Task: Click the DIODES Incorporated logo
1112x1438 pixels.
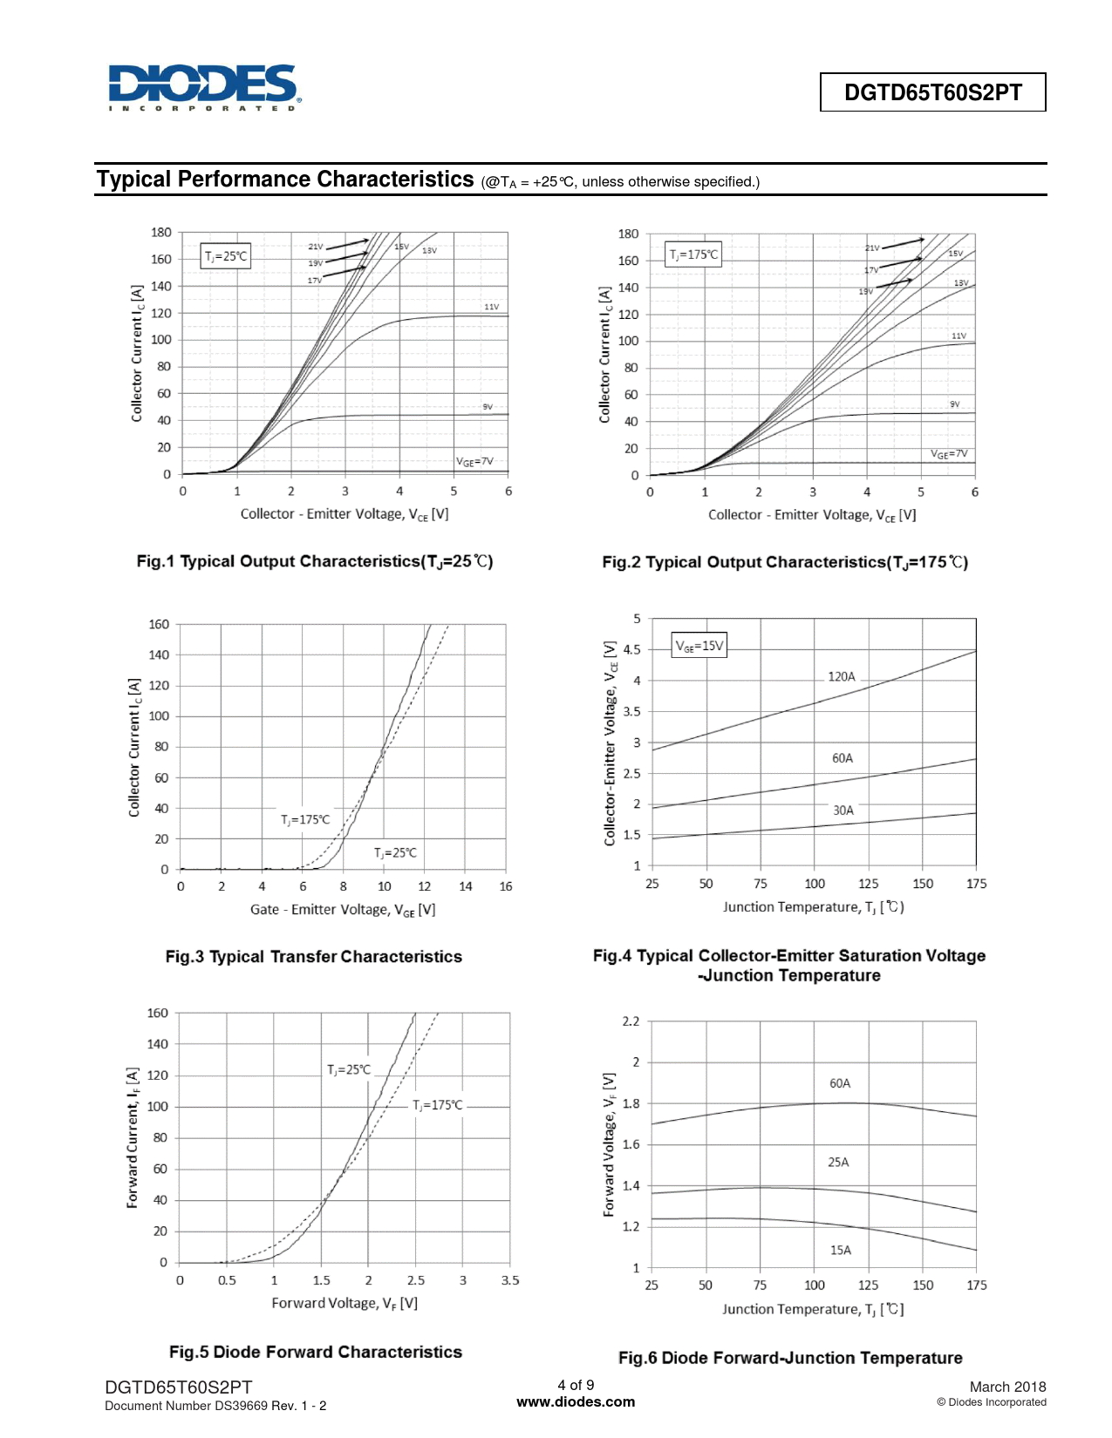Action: (204, 87)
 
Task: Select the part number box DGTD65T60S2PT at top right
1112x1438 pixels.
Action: (932, 92)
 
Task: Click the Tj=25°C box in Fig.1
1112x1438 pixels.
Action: (226, 256)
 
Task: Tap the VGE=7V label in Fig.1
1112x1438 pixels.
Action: (474, 461)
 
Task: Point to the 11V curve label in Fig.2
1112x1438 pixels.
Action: (959, 336)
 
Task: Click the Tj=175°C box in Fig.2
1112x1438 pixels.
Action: (693, 254)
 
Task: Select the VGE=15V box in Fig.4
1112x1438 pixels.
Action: (699, 646)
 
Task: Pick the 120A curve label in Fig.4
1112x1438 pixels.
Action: (842, 676)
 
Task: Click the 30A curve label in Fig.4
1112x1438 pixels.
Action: (843, 810)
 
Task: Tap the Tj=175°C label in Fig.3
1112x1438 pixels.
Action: (305, 819)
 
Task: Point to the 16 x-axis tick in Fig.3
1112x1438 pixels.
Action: (506, 886)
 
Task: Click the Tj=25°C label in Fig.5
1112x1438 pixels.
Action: (349, 1069)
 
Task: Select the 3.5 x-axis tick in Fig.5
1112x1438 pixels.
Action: (510, 1280)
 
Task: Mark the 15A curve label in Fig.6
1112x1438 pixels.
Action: (841, 1250)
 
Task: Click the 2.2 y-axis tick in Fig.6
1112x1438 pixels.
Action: (631, 1021)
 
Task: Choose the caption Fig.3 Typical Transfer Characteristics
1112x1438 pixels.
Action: (314, 956)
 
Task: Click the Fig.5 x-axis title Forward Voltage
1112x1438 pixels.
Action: (345, 1303)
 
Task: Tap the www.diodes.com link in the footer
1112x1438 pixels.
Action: (576, 1402)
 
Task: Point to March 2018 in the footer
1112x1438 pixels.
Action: (1007, 1387)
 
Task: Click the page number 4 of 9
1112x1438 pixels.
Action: (576, 1385)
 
